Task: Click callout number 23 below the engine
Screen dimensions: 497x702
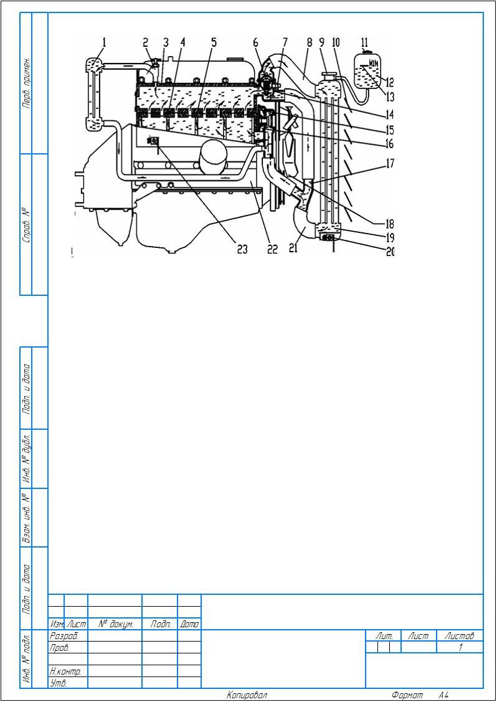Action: click(242, 249)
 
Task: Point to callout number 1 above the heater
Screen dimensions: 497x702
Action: click(104, 42)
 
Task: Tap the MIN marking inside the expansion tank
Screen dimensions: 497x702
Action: click(374, 64)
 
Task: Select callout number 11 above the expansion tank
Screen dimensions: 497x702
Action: click(364, 42)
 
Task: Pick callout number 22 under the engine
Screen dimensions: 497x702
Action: click(273, 249)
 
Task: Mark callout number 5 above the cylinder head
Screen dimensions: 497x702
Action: click(214, 42)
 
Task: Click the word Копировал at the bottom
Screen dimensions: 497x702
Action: click(247, 695)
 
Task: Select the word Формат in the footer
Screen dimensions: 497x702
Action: click(407, 695)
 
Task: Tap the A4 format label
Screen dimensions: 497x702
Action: click(443, 695)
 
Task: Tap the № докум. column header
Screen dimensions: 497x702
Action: click(115, 624)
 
